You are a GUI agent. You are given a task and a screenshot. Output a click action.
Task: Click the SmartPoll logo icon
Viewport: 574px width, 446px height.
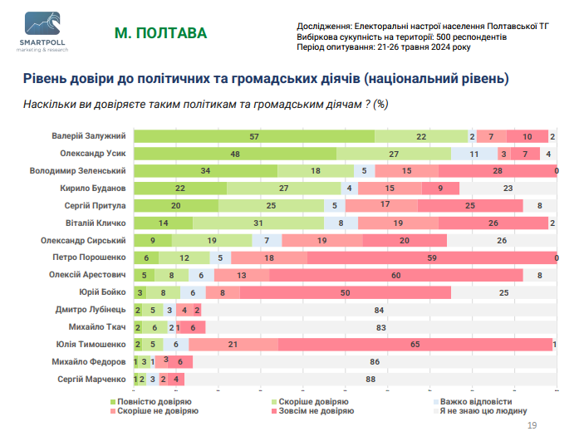[42, 23]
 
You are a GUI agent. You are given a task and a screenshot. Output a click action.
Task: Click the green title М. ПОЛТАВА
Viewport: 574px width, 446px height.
[160, 33]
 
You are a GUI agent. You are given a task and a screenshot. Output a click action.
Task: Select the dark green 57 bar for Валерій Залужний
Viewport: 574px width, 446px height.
[254, 136]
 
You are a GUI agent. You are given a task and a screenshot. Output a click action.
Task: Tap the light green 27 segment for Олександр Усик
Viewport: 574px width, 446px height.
[394, 154]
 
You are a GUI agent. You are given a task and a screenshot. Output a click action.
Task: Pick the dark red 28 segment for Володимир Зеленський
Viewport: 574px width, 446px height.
[498, 171]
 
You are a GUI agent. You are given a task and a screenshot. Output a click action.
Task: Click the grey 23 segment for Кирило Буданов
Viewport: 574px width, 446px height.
[508, 189]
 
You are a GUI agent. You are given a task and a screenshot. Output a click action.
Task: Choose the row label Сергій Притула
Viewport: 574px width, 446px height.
[95, 206]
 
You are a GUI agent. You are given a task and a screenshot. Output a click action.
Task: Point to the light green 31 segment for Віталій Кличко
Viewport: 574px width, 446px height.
[258, 223]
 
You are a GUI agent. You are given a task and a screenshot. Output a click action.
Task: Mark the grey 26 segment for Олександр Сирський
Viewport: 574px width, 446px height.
[502, 240]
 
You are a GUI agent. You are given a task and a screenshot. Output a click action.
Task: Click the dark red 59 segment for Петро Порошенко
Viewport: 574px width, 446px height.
[432, 258]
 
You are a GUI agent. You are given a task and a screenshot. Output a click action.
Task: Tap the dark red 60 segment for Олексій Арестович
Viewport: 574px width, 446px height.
[396, 276]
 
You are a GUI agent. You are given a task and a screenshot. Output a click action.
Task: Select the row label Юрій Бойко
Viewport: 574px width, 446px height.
[102, 292]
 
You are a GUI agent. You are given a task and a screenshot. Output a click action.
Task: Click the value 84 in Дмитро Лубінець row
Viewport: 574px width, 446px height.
[379, 311]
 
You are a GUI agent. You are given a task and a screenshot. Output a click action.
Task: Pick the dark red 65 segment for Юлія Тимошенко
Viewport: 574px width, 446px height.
[415, 345]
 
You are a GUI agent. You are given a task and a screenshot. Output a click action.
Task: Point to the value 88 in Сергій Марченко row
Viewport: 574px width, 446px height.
[370, 380]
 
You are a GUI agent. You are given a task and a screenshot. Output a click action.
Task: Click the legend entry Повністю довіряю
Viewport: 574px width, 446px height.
[151, 402]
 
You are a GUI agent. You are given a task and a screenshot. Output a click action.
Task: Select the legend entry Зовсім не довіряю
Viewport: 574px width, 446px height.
[312, 411]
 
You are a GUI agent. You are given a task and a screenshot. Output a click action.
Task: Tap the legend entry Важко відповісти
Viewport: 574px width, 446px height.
[473, 402]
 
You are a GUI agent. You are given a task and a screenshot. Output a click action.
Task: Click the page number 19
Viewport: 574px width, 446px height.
[532, 425]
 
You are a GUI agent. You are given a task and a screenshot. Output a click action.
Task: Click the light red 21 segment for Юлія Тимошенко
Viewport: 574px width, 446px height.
[233, 345]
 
